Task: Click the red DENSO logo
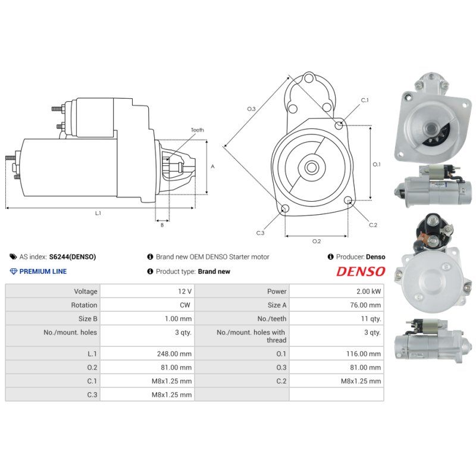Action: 361,272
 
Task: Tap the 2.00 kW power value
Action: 369,292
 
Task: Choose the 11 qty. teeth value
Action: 368,319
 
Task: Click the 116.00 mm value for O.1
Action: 366,353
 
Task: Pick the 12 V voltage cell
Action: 185,292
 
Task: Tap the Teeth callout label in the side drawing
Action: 197,130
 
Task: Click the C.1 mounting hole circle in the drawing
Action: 339,125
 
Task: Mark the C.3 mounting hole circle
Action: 285,209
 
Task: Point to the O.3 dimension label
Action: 251,109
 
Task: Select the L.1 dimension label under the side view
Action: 98,213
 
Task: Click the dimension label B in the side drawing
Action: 161,224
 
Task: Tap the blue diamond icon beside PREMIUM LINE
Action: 14,271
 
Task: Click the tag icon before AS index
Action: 13,257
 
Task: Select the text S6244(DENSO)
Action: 72,257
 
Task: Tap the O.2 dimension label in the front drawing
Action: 317,240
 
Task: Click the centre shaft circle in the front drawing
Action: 311,167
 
